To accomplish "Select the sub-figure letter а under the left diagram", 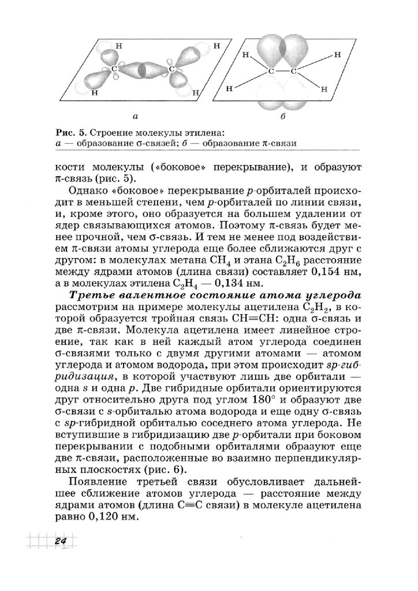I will coord(134,117).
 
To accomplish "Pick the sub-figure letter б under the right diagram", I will coord(283,117).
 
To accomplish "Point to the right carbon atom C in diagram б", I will coord(293,71).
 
